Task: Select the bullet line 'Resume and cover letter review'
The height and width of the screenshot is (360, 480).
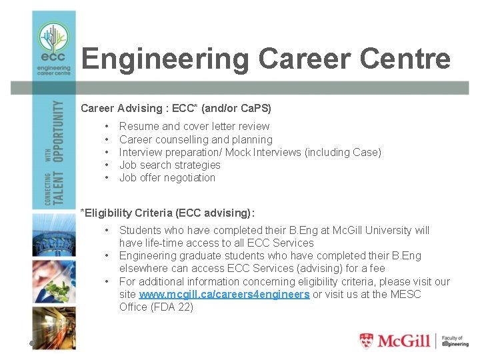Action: point(194,126)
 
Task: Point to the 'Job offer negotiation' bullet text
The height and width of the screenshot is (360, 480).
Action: point(167,177)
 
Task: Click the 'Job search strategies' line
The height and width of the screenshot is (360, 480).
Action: point(169,165)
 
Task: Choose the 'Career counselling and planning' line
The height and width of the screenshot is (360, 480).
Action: point(195,139)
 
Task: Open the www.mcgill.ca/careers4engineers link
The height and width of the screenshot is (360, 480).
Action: point(224,294)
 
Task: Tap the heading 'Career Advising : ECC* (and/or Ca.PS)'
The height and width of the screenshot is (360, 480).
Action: point(176,107)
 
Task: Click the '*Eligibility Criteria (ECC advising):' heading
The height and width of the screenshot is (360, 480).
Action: point(167,213)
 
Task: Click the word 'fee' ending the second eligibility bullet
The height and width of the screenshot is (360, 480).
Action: point(377,268)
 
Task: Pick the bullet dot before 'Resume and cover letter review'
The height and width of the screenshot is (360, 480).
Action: point(106,126)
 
